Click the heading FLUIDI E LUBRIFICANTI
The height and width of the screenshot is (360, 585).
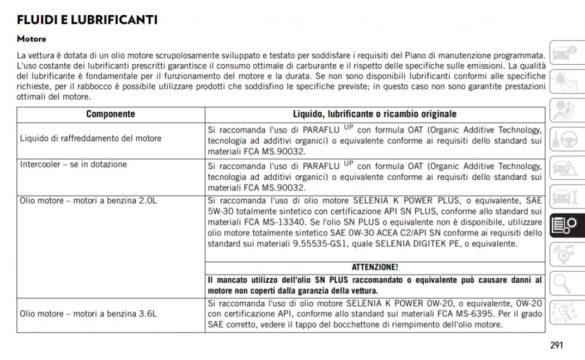(x=87, y=20)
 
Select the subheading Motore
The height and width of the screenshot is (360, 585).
(x=32, y=39)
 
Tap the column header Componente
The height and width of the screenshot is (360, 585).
(x=111, y=114)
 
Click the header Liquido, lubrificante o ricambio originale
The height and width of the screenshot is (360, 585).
(x=375, y=114)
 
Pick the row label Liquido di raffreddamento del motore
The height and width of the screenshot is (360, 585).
(x=90, y=138)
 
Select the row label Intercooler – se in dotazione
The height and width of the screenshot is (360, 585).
(x=73, y=164)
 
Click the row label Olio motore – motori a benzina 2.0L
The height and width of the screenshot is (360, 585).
(x=88, y=200)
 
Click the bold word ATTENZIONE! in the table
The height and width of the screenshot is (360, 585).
(x=375, y=267)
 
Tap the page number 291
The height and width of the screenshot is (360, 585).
(x=556, y=345)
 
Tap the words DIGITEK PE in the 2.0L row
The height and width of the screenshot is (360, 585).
(x=436, y=244)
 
